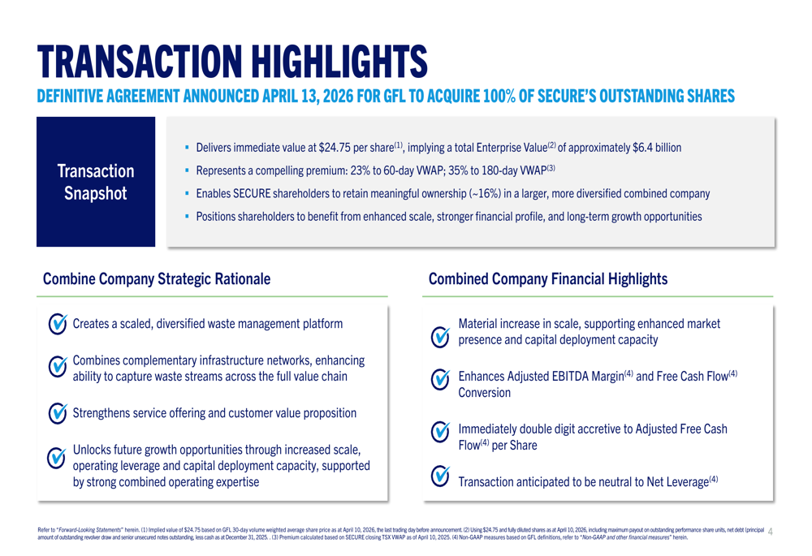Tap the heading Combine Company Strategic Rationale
156,278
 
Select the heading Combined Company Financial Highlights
548,278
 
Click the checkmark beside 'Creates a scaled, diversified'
58,324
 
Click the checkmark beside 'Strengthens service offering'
58,412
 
